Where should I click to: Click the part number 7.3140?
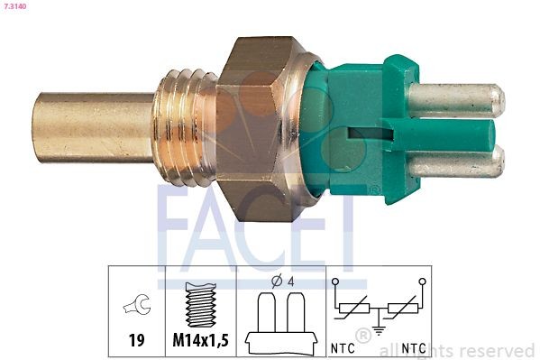point(18,7)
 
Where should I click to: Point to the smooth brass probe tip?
point(90,127)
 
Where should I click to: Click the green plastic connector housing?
point(361,126)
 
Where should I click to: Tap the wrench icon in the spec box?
point(136,306)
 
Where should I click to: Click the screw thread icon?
point(200,305)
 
